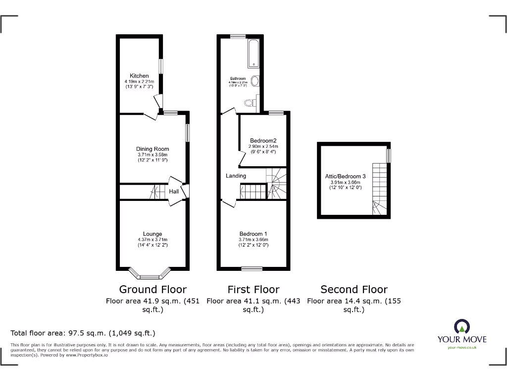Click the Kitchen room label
pos(139,76)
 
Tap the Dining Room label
pos(152,149)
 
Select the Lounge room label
pos(152,234)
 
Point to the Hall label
pos(174,191)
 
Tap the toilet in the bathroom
pos(250,103)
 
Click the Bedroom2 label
pos(263,140)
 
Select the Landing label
pos(236,176)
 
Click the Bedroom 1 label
pos(253,234)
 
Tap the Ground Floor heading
pos(153,289)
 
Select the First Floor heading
pos(253,289)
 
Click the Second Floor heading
pos(354,289)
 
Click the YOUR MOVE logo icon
pos(461,327)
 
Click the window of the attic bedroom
pos(389,155)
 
